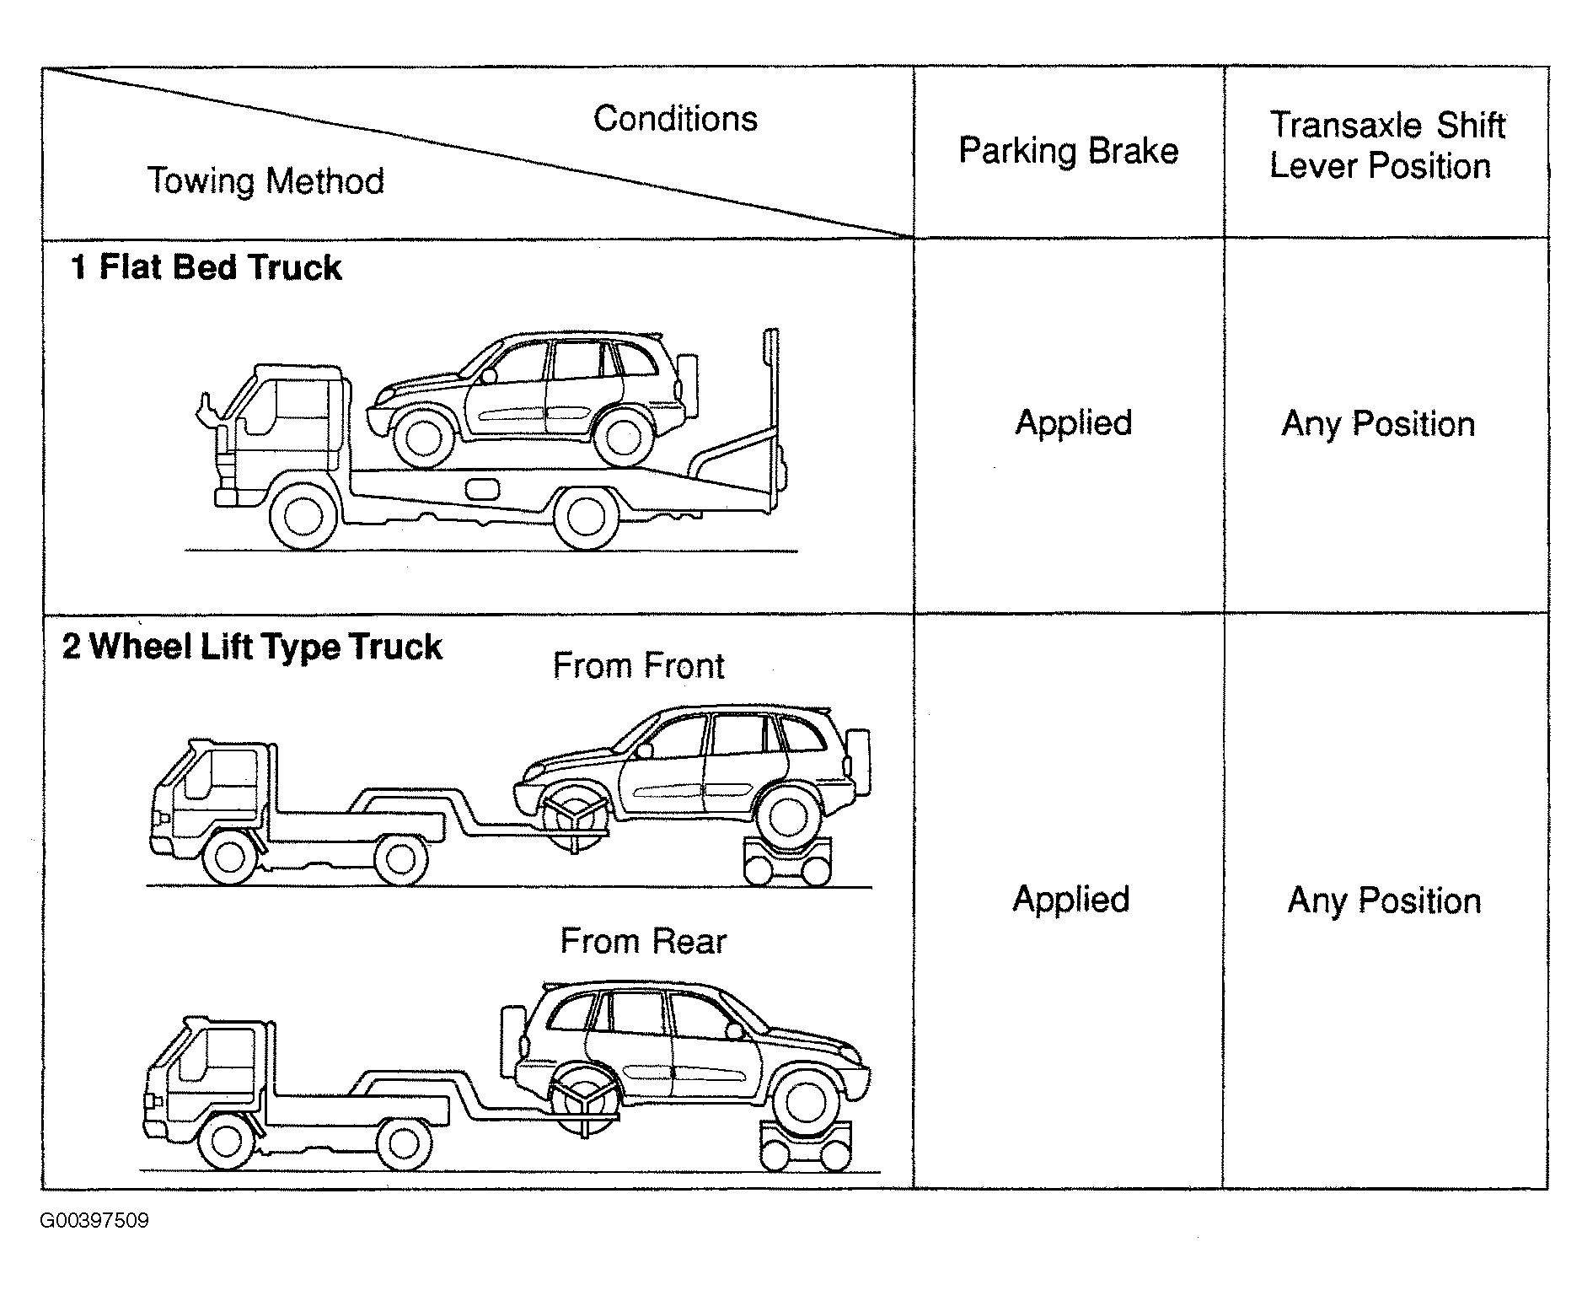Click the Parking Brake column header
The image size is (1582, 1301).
pyautogui.click(x=1068, y=152)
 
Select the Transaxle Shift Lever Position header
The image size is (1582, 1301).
pyautogui.click(x=1386, y=145)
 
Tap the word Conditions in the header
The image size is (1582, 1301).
pyautogui.click(x=675, y=119)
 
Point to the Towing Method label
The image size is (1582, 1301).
pyautogui.click(x=265, y=180)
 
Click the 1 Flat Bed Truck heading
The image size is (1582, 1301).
pyautogui.click(x=206, y=267)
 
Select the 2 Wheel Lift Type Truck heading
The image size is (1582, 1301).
pyautogui.click(x=252, y=647)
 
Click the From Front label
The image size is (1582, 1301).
pyautogui.click(x=638, y=666)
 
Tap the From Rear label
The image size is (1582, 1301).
pyautogui.click(x=643, y=941)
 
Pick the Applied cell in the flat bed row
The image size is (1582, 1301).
pyautogui.click(x=1073, y=423)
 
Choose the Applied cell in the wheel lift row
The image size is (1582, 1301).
pyautogui.click(x=1070, y=900)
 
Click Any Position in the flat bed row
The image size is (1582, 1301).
pyautogui.click(x=1378, y=424)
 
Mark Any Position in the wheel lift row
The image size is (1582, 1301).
pyautogui.click(x=1384, y=901)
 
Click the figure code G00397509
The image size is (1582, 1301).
pyautogui.click(x=94, y=1221)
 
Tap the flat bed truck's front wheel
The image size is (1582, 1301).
pyautogui.click(x=304, y=516)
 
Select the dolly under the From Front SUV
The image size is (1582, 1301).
pyautogui.click(x=787, y=862)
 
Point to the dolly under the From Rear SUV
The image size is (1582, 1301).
pyautogui.click(x=805, y=1146)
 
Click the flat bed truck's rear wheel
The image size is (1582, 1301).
pyautogui.click(x=586, y=517)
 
